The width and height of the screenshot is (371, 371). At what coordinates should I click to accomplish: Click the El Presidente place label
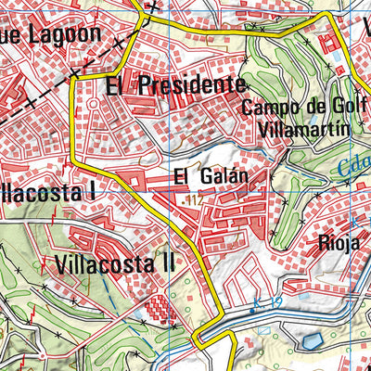(170, 86)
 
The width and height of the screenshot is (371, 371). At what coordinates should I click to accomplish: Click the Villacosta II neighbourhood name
(114, 262)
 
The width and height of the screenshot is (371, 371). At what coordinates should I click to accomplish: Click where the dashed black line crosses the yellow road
(72, 74)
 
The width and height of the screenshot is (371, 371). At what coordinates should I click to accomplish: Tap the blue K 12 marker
(266, 301)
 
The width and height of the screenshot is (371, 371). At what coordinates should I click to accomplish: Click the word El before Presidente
(114, 86)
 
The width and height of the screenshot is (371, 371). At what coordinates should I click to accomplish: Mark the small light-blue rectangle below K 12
(264, 328)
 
